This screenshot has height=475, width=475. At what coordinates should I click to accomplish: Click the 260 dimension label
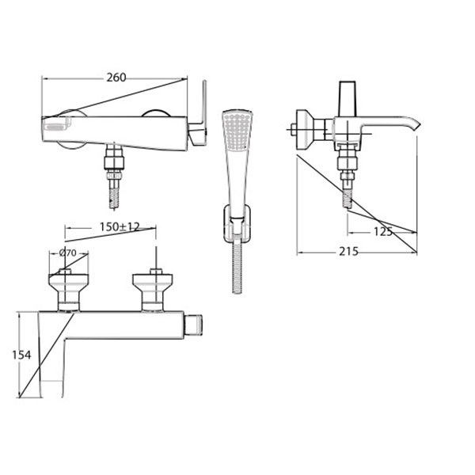point(116,78)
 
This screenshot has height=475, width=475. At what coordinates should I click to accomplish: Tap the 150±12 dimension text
point(120,226)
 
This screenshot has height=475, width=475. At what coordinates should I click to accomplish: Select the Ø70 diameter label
point(68,253)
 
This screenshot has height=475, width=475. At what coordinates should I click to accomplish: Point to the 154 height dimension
point(21,355)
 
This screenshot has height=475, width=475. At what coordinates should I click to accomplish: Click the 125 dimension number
point(383,232)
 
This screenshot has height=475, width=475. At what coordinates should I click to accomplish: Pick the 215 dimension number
point(348,251)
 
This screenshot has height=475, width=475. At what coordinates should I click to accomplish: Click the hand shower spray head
point(237,131)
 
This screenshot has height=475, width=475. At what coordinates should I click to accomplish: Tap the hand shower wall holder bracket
point(237,223)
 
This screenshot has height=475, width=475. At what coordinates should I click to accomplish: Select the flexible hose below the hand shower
point(237,267)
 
